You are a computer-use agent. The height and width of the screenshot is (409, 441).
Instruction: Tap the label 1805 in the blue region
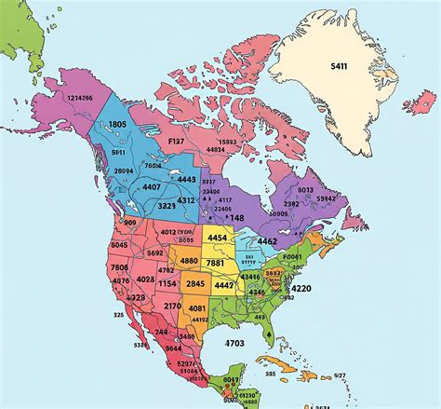(x=117, y=124)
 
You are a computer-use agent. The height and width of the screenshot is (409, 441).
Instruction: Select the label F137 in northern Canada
(x=176, y=140)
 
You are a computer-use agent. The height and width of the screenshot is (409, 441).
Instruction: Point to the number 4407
(x=152, y=187)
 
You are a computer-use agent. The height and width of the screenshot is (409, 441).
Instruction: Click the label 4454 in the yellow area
(x=217, y=238)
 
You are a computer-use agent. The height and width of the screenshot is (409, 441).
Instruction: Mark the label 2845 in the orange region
(x=195, y=284)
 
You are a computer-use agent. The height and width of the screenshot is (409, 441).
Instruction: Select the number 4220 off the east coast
(x=301, y=289)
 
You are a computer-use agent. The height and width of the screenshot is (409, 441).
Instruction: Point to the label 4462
(x=267, y=241)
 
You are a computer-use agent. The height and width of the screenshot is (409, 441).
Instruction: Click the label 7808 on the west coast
(x=120, y=267)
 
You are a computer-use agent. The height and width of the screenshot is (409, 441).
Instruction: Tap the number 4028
(x=145, y=279)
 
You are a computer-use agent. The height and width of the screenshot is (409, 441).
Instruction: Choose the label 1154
(x=167, y=283)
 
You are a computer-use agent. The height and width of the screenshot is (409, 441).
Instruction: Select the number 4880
(x=189, y=261)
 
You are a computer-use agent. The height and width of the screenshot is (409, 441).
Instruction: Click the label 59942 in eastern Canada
(x=326, y=198)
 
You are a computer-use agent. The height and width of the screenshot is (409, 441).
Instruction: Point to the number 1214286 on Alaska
(x=79, y=96)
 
